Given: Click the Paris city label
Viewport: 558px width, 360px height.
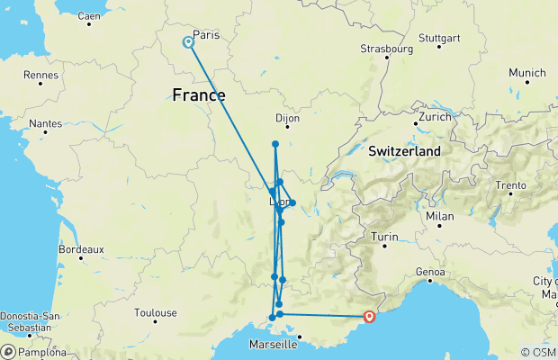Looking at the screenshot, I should point(206,35).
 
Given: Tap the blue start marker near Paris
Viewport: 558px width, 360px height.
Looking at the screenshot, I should point(188,41).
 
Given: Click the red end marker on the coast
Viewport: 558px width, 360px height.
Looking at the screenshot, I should point(369,316).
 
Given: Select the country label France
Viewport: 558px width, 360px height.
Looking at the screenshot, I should point(198,94).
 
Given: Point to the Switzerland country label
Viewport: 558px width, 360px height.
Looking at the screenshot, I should point(403,151).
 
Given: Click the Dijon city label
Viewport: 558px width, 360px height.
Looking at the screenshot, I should point(286,118).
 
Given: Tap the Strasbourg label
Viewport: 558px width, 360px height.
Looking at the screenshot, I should point(386,48).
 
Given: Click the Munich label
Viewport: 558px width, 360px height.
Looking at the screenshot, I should point(526,73).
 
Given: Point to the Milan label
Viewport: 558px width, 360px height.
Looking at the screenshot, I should point(440,216).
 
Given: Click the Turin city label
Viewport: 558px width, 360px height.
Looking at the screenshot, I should point(384,237).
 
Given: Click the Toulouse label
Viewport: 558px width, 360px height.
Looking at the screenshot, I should point(156,314).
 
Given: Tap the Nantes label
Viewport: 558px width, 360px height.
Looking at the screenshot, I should point(44,123).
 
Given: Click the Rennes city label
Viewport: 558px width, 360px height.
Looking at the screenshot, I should point(40,75).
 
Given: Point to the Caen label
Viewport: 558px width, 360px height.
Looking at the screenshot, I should point(89,15).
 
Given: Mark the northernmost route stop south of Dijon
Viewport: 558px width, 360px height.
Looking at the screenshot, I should point(275,144).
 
